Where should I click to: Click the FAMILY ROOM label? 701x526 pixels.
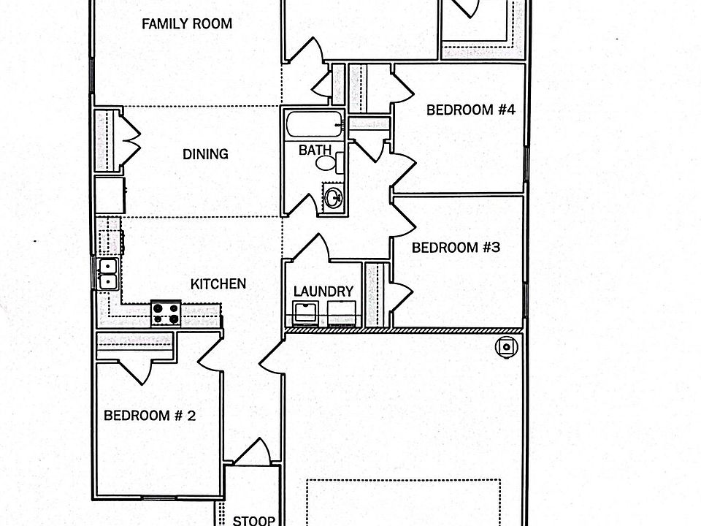(x=187, y=23)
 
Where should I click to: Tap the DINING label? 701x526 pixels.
(x=206, y=154)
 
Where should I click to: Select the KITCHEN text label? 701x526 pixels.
(x=218, y=284)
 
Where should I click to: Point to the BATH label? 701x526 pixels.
(x=315, y=150)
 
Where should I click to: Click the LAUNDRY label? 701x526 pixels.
(x=323, y=291)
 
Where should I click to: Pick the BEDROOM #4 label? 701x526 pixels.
(x=471, y=110)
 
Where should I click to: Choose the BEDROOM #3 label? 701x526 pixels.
(x=456, y=248)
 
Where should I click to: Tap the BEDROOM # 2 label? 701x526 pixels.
(x=150, y=416)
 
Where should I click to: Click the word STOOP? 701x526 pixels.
(x=253, y=520)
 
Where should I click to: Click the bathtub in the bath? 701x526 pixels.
(x=314, y=124)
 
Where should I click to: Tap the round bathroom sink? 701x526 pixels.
(x=333, y=197)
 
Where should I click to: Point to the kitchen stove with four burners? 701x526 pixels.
(x=166, y=313)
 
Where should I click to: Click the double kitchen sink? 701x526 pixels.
(x=108, y=274)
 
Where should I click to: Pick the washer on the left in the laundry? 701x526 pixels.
(x=306, y=313)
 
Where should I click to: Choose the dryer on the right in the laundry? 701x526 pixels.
(x=342, y=313)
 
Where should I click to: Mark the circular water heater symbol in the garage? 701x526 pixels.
(x=507, y=347)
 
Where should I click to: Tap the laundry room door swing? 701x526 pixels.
(x=308, y=247)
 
